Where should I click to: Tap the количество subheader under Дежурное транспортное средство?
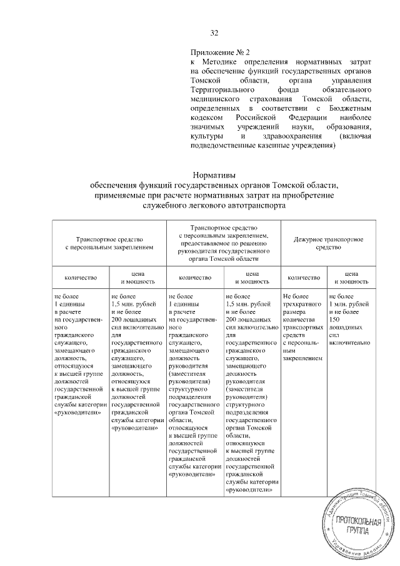coord(304,276)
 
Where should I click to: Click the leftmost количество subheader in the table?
coord(79,276)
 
